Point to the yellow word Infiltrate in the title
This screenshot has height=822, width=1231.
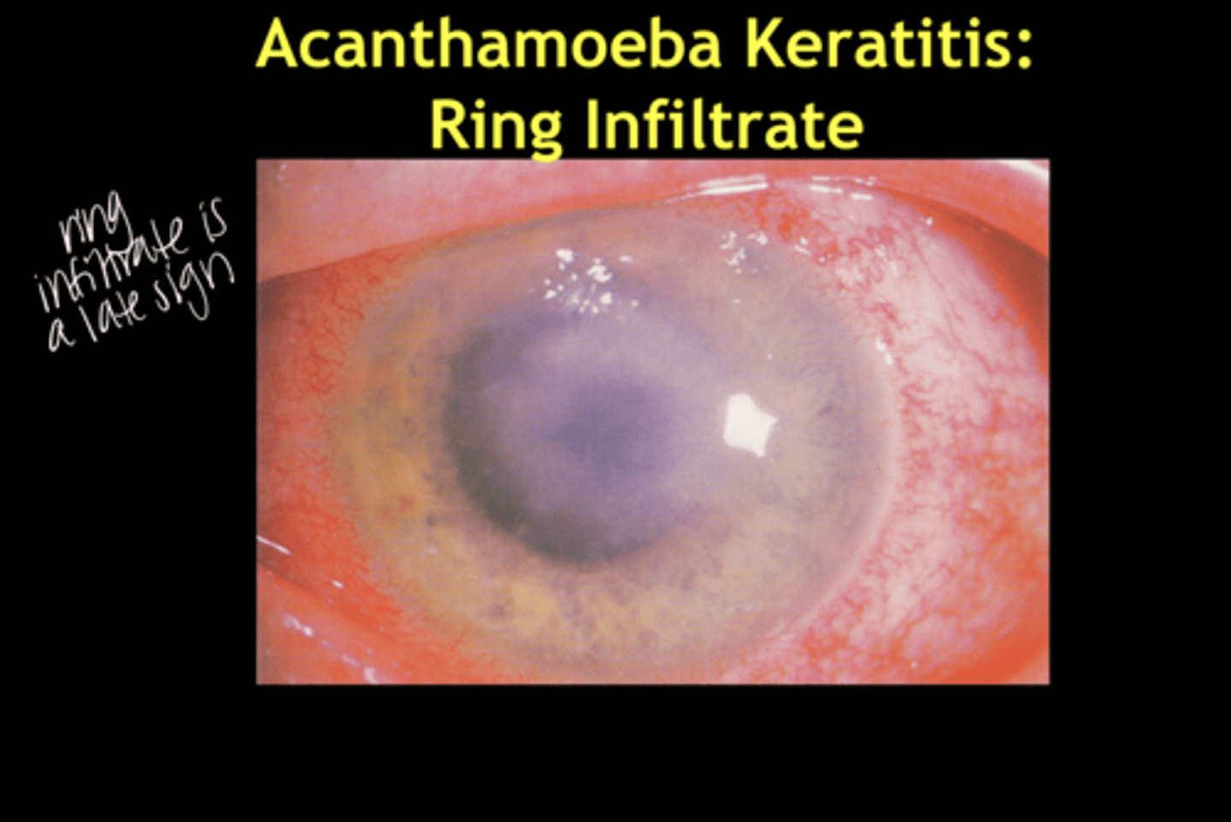(x=723, y=124)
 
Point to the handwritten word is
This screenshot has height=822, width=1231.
(x=214, y=219)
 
